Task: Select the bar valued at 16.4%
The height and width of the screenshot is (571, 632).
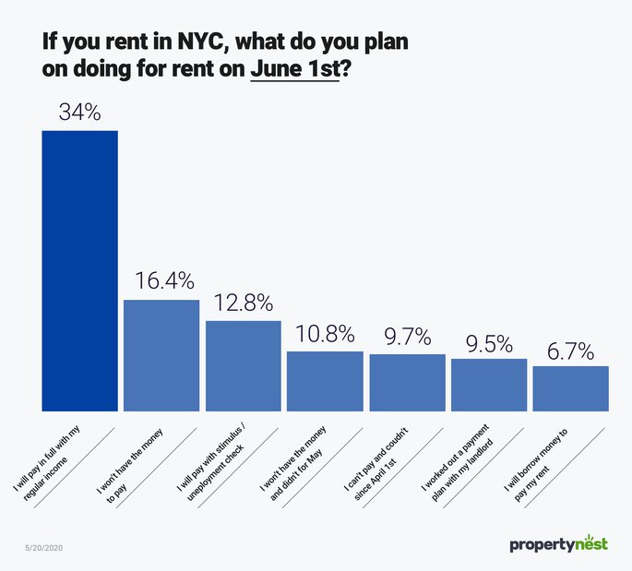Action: pos(161,355)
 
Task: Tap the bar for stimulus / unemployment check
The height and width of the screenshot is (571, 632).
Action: pos(243,365)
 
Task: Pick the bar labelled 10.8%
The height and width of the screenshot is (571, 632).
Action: pos(325,381)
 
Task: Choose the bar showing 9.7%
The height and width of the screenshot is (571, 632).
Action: pos(407,383)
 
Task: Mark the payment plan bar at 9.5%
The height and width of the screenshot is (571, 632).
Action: pos(489,385)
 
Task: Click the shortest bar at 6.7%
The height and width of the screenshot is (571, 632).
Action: pos(570,388)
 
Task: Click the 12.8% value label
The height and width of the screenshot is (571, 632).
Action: pos(243,303)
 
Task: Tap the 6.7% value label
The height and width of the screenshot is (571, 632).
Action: pos(570,351)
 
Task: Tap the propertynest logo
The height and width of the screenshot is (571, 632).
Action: pos(558,544)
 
